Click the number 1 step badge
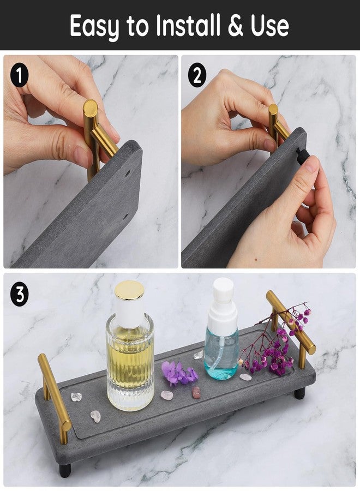pyautogui.click(x=20, y=75)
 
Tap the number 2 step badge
pyautogui.click(x=197, y=75)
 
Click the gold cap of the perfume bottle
pyautogui.click(x=129, y=290)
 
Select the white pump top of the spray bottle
pyautogui.click(x=223, y=297)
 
